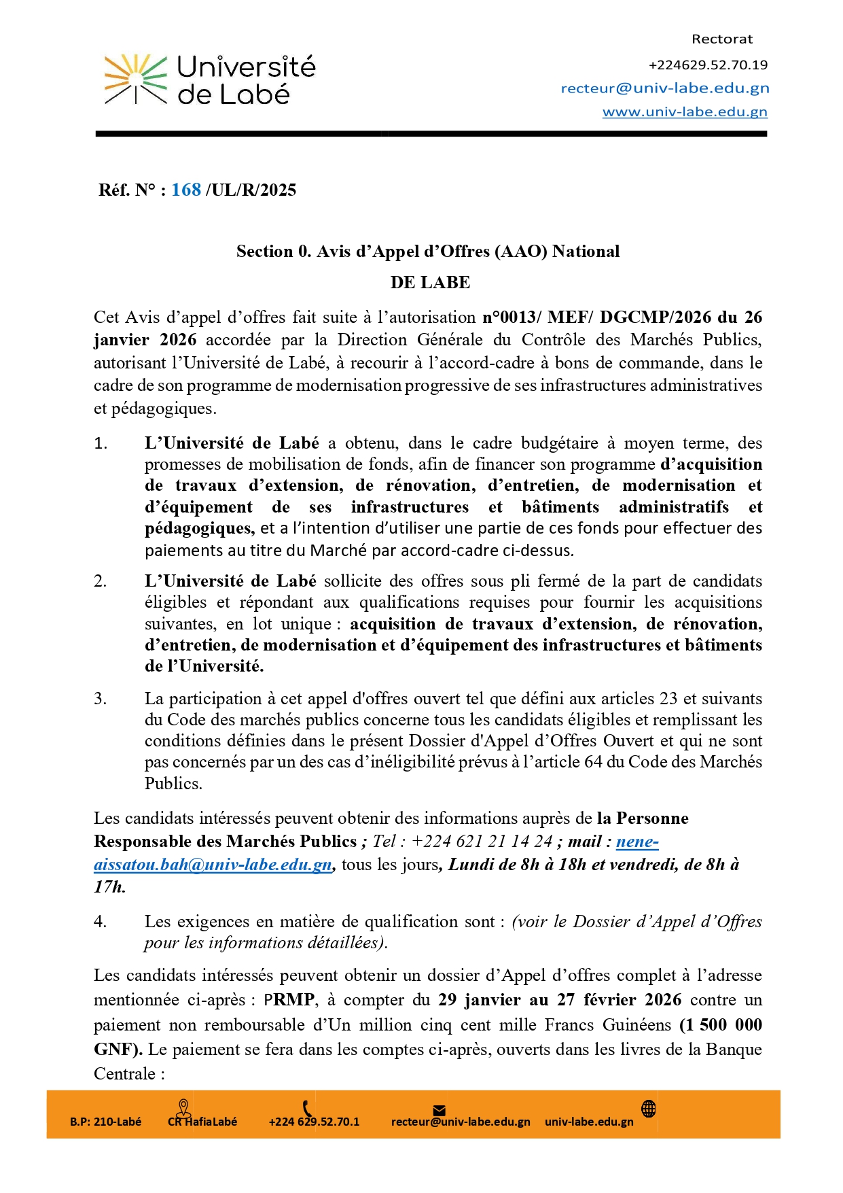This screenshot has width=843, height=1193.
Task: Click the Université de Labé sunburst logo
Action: [x=135, y=80]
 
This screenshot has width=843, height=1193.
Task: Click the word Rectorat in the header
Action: [x=721, y=39]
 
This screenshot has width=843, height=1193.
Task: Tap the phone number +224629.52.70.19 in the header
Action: [x=708, y=65]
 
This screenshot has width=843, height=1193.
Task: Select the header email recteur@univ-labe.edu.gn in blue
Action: [x=665, y=88]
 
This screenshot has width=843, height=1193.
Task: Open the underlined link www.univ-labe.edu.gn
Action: [x=685, y=112]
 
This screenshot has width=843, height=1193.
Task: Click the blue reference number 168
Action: [x=186, y=190]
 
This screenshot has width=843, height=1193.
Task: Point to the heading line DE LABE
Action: [x=430, y=283]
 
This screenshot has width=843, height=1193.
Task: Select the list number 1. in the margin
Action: [x=101, y=444]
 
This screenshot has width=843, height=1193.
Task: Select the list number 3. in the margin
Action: [x=101, y=699]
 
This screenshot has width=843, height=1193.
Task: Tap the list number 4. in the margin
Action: [x=101, y=922]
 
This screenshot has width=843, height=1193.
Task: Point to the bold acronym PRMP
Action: [x=289, y=1000]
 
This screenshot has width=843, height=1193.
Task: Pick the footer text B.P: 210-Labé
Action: [x=105, y=1122]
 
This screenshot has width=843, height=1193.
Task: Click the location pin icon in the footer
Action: [x=183, y=1107]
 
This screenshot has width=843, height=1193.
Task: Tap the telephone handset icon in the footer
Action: [x=307, y=1107]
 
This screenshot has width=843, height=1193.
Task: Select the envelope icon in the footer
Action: [x=440, y=1111]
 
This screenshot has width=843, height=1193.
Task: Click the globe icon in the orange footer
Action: [x=649, y=1109]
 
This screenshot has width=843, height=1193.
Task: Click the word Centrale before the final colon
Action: [x=124, y=1074]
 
